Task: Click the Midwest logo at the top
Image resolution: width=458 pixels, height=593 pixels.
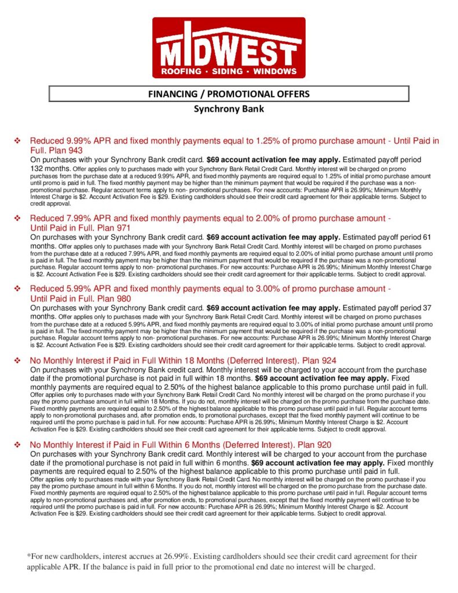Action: click(229, 47)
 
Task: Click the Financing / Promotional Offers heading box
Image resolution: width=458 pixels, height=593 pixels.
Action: click(229, 93)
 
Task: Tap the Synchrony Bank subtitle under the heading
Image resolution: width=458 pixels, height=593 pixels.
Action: click(229, 108)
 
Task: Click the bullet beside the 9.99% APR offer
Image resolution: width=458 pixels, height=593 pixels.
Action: click(17, 141)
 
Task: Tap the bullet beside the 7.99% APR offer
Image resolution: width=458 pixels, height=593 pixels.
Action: click(17, 218)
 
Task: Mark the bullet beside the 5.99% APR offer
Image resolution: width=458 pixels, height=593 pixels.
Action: click(17, 289)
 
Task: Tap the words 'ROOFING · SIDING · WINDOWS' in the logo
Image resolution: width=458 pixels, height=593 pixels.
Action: click(229, 72)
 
